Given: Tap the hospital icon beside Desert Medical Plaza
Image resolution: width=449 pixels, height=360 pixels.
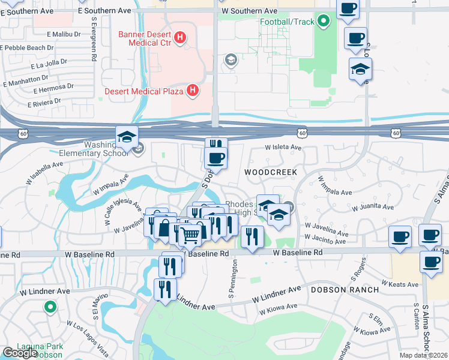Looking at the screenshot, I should click(x=192, y=91).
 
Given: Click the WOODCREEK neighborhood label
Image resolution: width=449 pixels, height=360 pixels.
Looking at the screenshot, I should click(x=271, y=172).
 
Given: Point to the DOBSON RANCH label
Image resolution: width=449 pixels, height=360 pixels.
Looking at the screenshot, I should click(x=345, y=289).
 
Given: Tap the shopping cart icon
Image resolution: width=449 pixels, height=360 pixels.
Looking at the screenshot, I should click(x=190, y=235).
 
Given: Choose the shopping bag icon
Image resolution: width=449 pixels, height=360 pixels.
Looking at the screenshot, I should click(x=164, y=229).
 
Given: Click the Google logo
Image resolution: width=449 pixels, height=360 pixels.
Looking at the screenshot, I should click(x=20, y=353).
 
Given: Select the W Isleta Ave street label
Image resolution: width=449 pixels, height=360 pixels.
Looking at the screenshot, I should click(x=283, y=147).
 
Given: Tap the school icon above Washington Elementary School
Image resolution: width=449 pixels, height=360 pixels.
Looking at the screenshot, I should click(x=127, y=138).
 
